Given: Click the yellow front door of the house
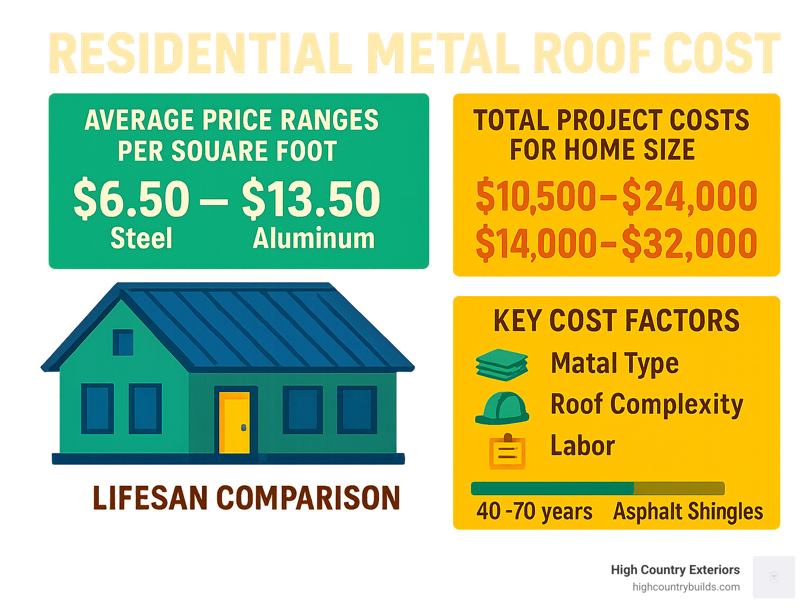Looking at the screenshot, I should (x=235, y=422).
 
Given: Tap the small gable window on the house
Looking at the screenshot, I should (x=123, y=343).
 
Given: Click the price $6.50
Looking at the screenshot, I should (x=132, y=199).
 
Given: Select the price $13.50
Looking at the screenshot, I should (x=311, y=199).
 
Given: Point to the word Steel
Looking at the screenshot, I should (x=141, y=238).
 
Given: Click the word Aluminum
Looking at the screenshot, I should (x=313, y=238).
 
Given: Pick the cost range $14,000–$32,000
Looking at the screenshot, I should (x=616, y=244).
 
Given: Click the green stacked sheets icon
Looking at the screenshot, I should (x=502, y=365).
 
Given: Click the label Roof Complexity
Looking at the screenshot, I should (x=647, y=405).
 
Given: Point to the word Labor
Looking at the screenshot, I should (x=583, y=446).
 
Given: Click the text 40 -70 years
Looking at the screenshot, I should (x=534, y=512).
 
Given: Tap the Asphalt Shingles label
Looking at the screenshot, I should (x=688, y=512).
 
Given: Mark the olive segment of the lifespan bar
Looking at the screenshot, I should (x=679, y=488).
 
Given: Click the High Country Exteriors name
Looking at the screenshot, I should (x=675, y=570).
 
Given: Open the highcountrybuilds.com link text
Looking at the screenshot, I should (x=686, y=587).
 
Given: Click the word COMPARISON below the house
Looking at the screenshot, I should (x=308, y=498).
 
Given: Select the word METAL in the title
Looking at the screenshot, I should (x=443, y=53).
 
